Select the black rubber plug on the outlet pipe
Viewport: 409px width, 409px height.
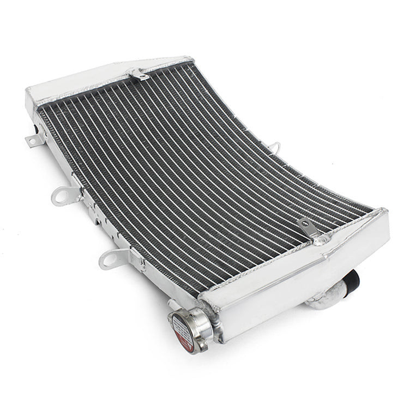[353, 280]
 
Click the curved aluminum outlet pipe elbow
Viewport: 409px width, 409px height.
[327, 298]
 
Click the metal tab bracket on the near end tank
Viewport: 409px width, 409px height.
[307, 227]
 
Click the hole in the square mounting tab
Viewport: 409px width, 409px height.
[32, 142]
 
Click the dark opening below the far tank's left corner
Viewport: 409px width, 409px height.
[37, 130]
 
